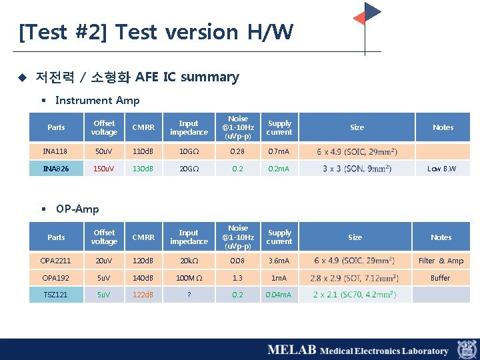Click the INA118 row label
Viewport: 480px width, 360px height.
pos(56,151)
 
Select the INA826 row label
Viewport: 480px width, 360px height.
pos(56,169)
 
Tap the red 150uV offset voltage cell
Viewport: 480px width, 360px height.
pos(104,169)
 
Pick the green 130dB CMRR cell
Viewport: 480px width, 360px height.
pos(143,169)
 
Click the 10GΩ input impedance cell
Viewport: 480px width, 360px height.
pos(189,151)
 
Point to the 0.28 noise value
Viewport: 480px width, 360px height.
pos(237,151)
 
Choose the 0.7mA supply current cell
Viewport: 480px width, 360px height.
pos(279,151)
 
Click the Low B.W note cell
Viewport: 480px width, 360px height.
pos(442,169)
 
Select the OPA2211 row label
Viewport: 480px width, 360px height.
pos(56,261)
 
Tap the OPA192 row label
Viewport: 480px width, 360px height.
pos(56,277)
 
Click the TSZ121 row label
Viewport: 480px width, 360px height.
pos(56,294)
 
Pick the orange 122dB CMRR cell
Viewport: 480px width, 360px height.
pos(143,294)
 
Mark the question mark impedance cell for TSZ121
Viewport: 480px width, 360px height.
pos(189,294)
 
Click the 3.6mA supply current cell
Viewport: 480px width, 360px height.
pos(279,261)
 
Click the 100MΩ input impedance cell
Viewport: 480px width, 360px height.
pos(189,277)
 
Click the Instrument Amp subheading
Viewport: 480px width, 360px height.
pos(97,100)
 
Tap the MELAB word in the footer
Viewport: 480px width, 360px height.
pos(291,350)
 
